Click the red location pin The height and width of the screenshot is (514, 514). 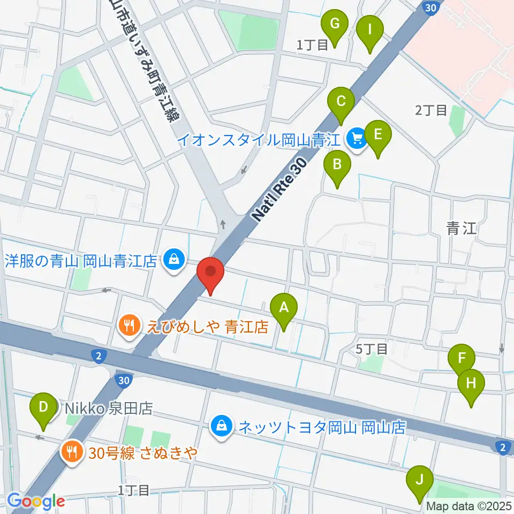click(x=210, y=274)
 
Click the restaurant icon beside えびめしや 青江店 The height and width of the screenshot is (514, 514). click(x=128, y=324)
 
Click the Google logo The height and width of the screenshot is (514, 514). click(x=36, y=502)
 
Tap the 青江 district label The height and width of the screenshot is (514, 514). click(x=461, y=229)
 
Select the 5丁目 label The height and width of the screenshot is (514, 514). click(x=372, y=349)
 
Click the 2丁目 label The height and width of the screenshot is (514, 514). click(x=431, y=110)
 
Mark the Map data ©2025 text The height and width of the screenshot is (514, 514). click(x=469, y=506)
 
